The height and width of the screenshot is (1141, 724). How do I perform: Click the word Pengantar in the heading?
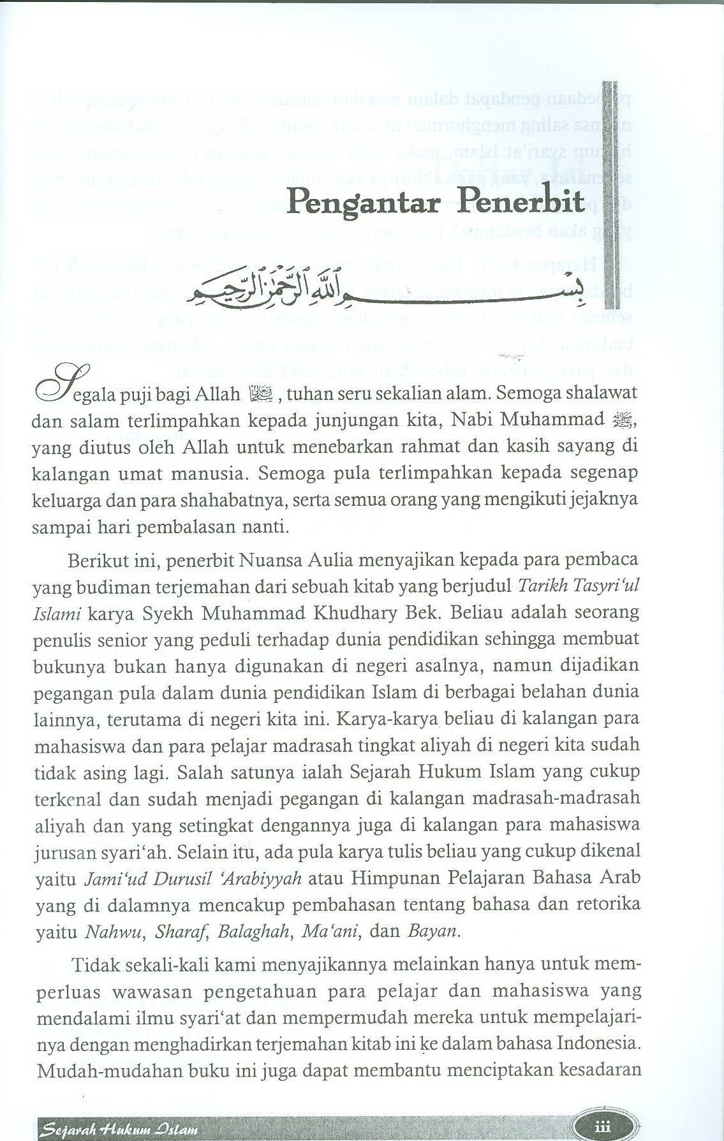[364, 203]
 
